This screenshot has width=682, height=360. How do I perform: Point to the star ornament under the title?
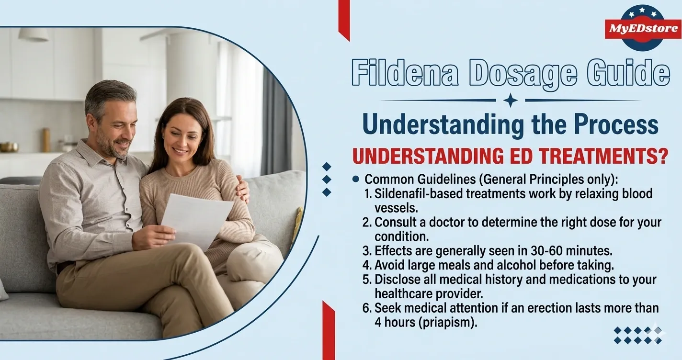coord(511,101)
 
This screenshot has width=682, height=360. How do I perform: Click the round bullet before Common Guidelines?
coord(355,179)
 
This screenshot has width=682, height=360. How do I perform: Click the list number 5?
coord(367,279)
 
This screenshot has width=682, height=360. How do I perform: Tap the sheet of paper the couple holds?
coord(196,218)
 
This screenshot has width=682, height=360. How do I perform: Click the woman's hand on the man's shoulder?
coord(243,189)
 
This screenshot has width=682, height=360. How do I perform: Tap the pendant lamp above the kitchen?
coord(34,34)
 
